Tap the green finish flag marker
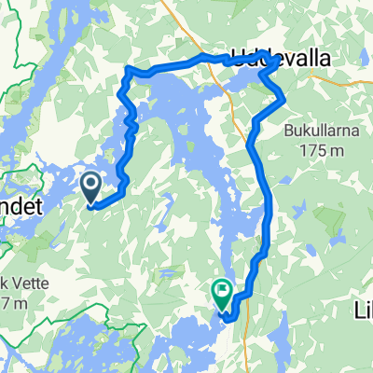click(x=223, y=295)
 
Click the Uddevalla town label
click(x=283, y=58)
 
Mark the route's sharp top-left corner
click(x=127, y=70)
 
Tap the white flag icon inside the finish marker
click(x=223, y=291)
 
